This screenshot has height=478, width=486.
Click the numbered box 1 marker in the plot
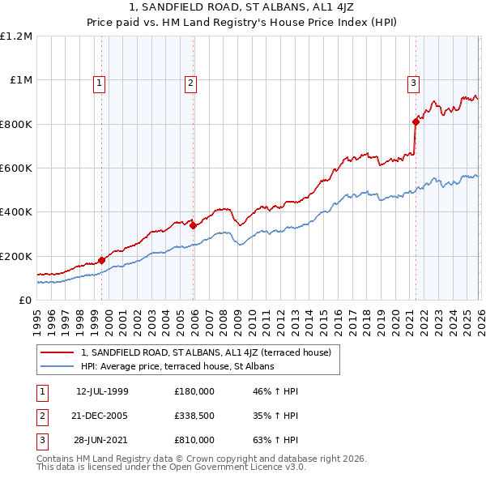99,82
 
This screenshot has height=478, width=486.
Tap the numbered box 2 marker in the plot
190,82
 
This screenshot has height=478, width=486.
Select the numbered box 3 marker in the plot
413,82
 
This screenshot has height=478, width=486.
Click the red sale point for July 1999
102,261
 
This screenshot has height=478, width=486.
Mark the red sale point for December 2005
194,226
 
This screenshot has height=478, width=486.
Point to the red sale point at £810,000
416,122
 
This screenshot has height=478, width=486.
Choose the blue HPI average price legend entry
177,366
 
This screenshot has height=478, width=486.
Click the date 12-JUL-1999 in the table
102,391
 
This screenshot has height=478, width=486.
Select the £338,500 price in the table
194,416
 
